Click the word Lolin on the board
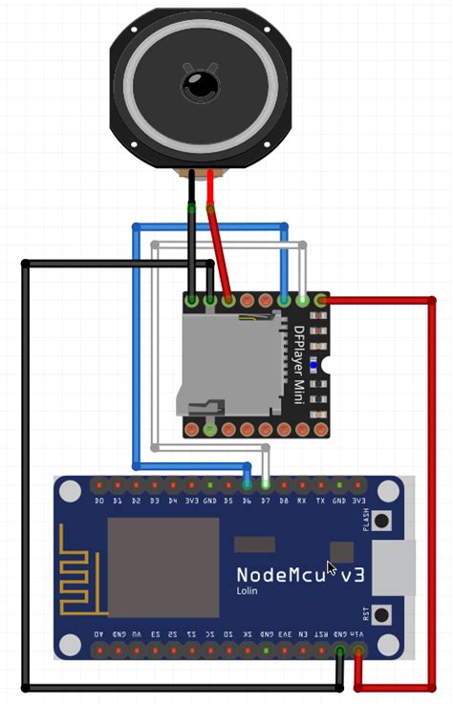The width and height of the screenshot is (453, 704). point(248,591)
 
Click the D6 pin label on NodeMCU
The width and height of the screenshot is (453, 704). point(247,500)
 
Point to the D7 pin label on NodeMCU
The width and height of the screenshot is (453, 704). point(265,500)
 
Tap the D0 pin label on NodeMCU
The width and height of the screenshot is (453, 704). point(99,500)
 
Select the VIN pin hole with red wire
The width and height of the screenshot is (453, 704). point(358,651)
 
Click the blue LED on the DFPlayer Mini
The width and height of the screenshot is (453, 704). point(313,366)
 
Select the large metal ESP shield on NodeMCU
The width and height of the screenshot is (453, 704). point(162,567)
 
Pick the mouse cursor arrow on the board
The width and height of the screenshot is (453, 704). point(332,568)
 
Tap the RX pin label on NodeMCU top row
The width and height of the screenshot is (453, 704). point(302,500)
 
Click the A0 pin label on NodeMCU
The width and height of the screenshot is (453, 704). point(99,633)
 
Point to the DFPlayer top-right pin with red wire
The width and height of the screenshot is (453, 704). point(321,301)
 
